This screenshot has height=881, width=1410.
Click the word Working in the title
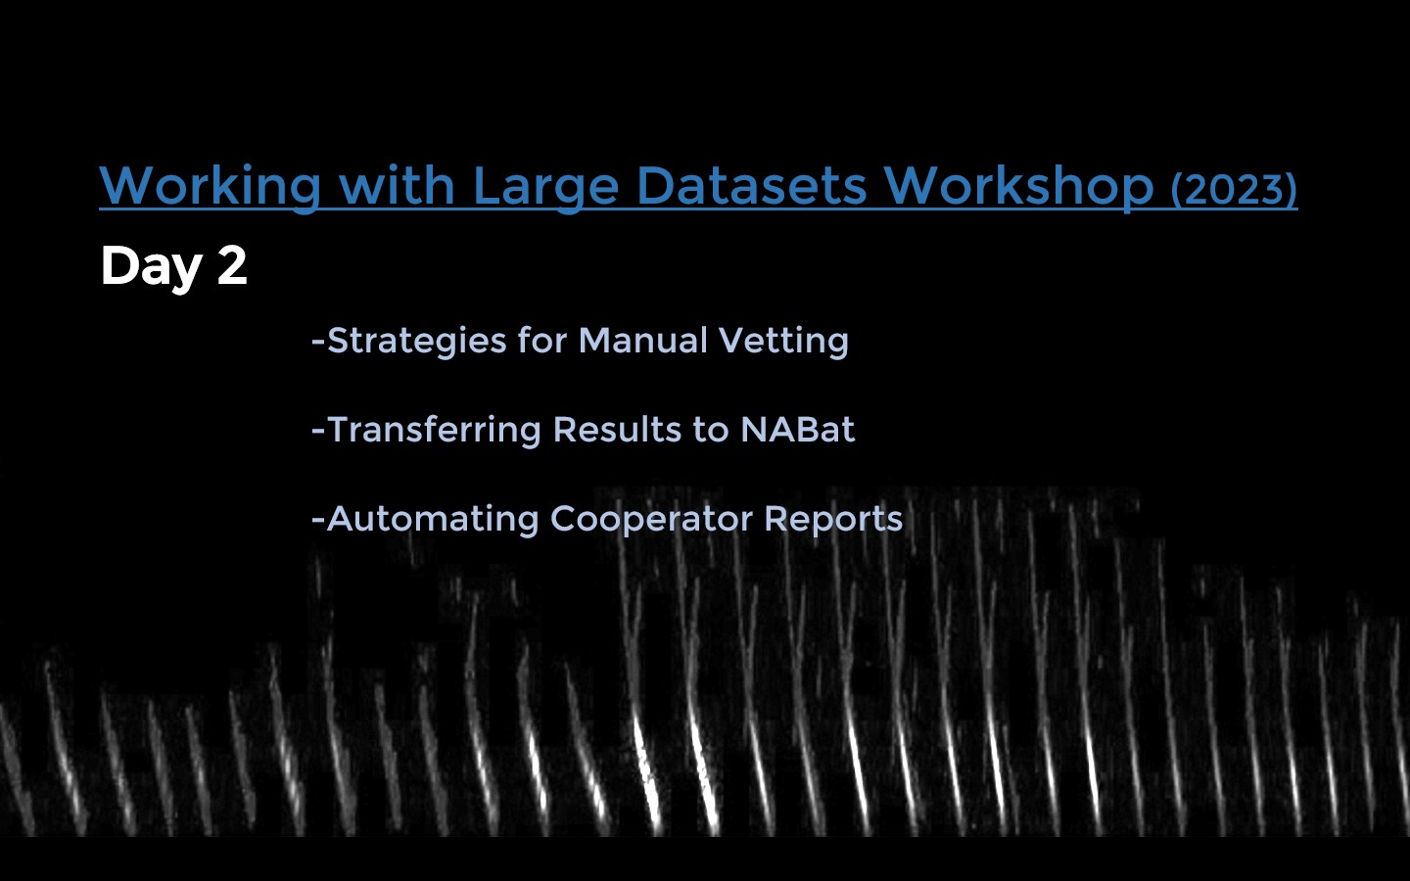[211, 186]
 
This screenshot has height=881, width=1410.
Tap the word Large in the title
[545, 188]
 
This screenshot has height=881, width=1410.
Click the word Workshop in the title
[1019, 186]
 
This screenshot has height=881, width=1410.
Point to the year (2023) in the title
[1234, 189]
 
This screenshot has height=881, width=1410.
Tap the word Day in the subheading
[151, 268]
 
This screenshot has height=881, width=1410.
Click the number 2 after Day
[232, 265]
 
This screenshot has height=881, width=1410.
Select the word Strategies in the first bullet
[417, 342]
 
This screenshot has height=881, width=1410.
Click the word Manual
[642, 341]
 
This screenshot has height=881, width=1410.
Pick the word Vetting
[783, 342]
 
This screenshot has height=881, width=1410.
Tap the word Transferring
[435, 431]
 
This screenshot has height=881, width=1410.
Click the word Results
[618, 430]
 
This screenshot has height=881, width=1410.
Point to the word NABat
[797, 430]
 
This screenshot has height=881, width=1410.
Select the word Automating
[433, 521]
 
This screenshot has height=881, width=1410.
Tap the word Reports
[833, 521]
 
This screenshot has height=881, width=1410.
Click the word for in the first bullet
[542, 340]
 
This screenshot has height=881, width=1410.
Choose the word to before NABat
[711, 431]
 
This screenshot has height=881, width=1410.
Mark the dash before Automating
[318, 521]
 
